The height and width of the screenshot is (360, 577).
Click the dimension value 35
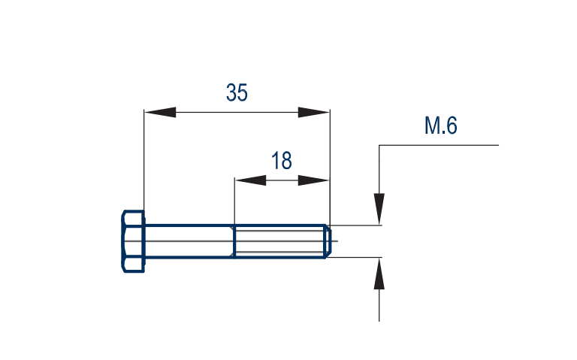click(x=237, y=92)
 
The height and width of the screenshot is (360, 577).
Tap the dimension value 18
click(x=282, y=161)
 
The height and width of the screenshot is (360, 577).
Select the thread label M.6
click(x=441, y=126)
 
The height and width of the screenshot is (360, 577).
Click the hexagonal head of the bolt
click(x=133, y=241)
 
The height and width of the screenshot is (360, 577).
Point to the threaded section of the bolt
click(x=279, y=241)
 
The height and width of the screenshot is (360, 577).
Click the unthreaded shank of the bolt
click(x=189, y=241)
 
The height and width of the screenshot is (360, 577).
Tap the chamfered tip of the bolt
click(x=328, y=241)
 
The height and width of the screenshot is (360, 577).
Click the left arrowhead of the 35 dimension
click(x=160, y=112)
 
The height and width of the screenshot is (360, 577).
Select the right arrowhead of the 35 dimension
click(x=313, y=112)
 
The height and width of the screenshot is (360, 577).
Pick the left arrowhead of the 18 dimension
click(x=250, y=180)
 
